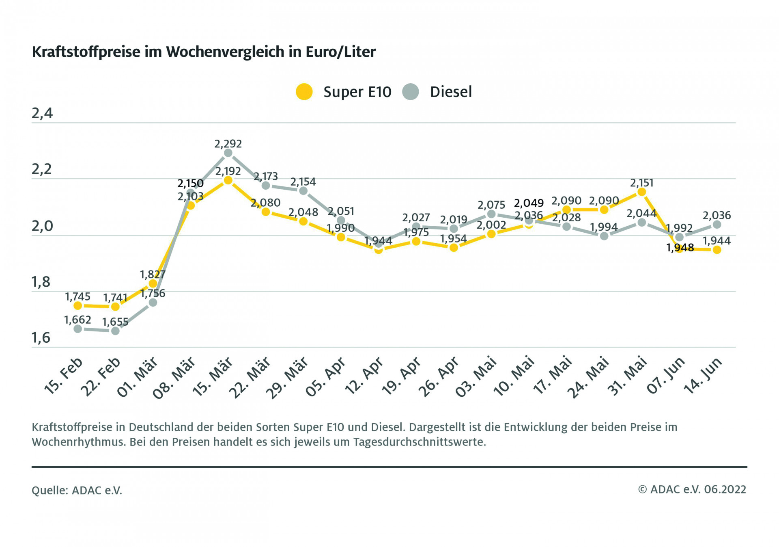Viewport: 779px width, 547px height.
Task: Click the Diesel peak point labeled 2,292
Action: [228, 153]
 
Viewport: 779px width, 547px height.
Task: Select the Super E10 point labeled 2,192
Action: [228, 180]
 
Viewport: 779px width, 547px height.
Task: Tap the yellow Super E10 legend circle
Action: [304, 92]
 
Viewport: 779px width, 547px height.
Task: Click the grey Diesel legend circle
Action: [410, 92]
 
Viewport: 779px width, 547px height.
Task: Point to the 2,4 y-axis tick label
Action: [42, 113]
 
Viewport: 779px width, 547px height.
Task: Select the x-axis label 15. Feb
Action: [63, 375]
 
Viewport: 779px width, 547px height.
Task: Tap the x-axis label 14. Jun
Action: [703, 375]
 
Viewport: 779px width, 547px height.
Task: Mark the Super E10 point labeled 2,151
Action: [641, 192]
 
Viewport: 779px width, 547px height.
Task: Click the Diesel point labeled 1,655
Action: [115, 331]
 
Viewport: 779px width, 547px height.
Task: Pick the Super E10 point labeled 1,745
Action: [77, 306]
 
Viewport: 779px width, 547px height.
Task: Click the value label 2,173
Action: [266, 177]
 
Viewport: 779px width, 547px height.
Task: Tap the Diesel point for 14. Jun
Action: [717, 225]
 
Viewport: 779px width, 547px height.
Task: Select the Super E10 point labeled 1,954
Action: [454, 247]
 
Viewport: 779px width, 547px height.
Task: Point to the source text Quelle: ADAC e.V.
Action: [77, 491]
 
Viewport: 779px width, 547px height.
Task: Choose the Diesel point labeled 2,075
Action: [491, 214]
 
